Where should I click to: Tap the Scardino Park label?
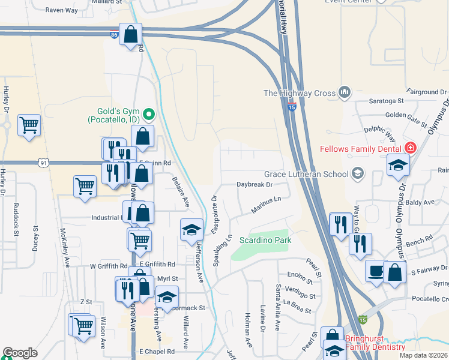tap(265, 239)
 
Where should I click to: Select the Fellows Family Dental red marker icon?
tap(411, 148)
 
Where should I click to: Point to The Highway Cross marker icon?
tap(344, 92)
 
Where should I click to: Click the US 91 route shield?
tap(43, 163)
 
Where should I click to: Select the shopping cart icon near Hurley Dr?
tap(29, 125)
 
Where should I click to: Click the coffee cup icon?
tap(376, 271)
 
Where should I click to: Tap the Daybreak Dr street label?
tap(255, 185)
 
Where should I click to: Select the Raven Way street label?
tap(62, 10)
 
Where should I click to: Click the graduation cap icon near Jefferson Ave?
tap(191, 230)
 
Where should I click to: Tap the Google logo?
tap(20, 353)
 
